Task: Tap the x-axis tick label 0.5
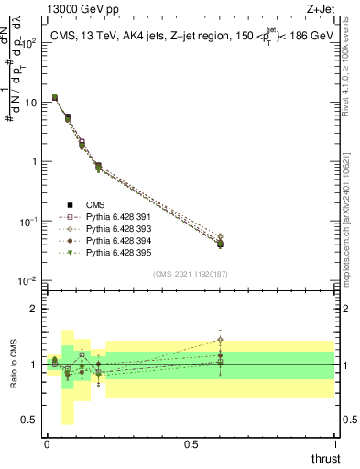pos(191,444)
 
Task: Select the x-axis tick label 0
pos(47,444)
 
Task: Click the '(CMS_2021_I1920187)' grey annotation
pos(191,274)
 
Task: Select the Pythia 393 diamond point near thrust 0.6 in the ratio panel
pos(220,340)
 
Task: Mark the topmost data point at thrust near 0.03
pos(55,97)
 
